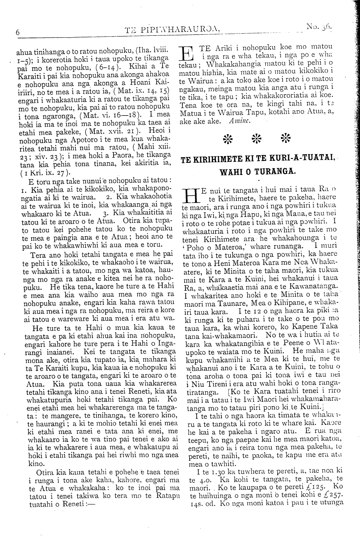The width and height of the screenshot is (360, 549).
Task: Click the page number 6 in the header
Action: [x=17, y=32]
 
